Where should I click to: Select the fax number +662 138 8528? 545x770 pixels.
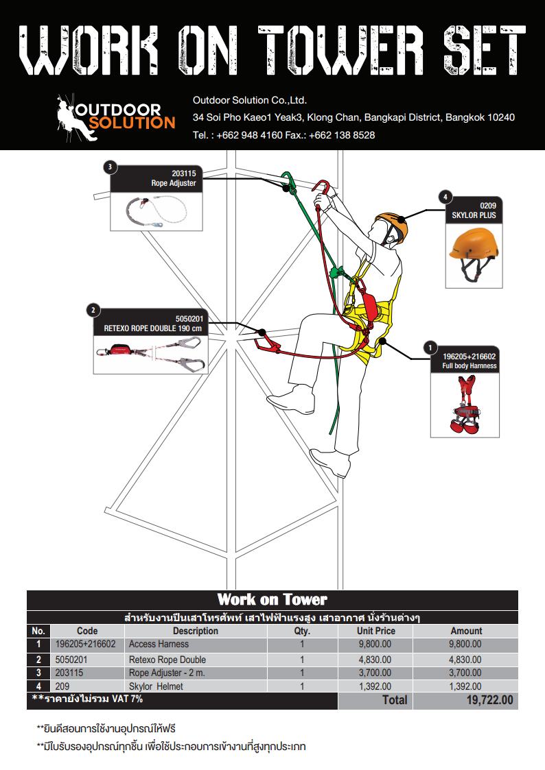(x=342, y=135)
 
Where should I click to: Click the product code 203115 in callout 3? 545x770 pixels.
(x=183, y=174)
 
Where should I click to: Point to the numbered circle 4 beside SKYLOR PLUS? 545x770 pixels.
(x=445, y=197)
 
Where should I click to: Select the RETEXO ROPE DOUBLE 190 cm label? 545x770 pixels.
(x=153, y=328)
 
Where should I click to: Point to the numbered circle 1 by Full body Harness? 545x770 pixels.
(x=430, y=348)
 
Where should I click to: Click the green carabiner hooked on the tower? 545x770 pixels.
(x=289, y=182)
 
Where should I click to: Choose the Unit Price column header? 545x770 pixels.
(x=375, y=631)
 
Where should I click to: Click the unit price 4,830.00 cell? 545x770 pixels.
(x=375, y=660)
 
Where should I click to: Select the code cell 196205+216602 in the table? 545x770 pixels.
(x=85, y=645)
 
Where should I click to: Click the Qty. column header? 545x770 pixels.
(x=302, y=631)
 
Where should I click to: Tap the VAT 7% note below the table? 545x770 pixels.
(x=88, y=699)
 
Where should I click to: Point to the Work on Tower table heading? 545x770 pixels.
(x=272, y=600)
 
